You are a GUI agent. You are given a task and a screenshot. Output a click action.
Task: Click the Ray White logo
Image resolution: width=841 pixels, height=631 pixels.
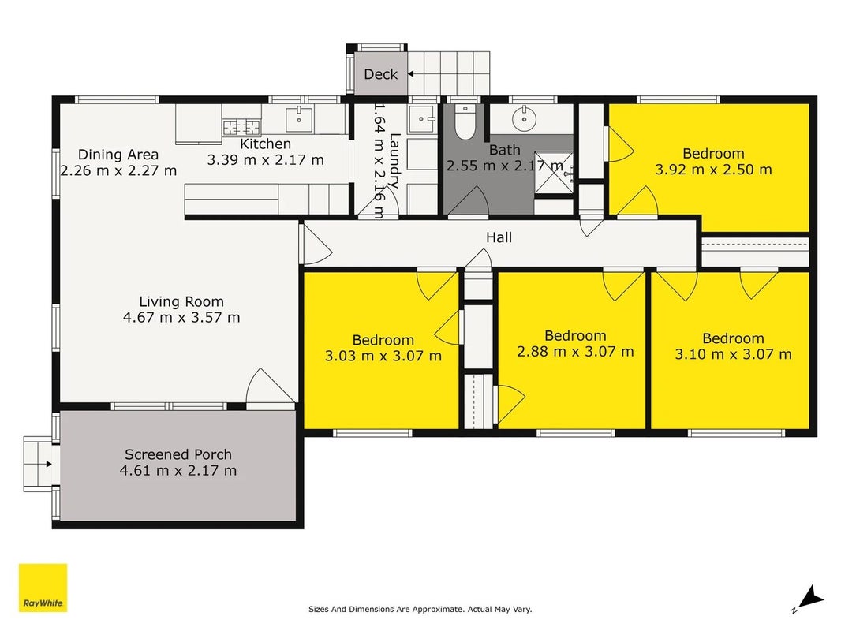pos(43,588)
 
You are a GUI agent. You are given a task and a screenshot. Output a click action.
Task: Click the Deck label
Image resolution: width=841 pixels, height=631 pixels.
pos(381,74)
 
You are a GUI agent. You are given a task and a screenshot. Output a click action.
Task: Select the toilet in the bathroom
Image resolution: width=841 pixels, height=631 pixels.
pos(465,122)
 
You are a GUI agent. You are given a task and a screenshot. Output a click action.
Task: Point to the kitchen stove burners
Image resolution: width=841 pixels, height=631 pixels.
pos(242,128)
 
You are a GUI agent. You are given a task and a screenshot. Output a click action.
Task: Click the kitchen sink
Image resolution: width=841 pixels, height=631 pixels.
pos(299,119)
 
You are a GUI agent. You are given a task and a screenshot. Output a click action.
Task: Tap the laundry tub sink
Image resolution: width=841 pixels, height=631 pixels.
pos(424,119)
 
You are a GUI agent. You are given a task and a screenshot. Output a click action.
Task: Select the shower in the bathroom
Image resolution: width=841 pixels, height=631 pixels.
pos(554,173)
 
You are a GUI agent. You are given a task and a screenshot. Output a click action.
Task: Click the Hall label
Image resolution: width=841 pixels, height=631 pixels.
pos(499,237)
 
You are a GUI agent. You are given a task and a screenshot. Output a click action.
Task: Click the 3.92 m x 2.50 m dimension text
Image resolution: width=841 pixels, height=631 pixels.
pos(713,170)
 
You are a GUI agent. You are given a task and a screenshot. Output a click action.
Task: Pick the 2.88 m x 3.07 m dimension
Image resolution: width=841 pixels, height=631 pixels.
pos(575,352)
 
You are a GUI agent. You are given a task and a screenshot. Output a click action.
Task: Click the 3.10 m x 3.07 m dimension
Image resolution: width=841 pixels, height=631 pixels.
pos(733,354)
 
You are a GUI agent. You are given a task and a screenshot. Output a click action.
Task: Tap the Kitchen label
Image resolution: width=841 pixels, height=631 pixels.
pos(266,144)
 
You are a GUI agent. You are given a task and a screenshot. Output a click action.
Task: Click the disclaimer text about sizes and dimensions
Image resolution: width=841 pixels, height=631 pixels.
pos(420,609)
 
